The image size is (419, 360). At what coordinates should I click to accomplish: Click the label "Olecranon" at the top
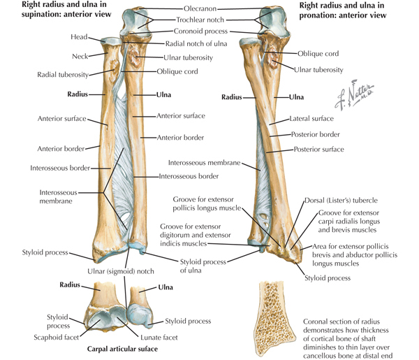coord(200,8)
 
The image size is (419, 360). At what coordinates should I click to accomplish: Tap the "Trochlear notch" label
coord(200,20)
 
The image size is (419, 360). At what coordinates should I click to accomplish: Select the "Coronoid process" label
coord(200,31)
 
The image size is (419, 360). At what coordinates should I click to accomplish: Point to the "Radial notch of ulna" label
coord(196,43)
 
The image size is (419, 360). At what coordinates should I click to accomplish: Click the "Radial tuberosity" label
coord(63,75)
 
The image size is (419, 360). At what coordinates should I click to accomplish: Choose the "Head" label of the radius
coord(79,37)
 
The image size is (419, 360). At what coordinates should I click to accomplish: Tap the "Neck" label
coord(80,57)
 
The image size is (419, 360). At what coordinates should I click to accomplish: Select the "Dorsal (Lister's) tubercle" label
coord(341,201)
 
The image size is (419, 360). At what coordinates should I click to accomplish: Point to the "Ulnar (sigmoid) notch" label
coord(121,271)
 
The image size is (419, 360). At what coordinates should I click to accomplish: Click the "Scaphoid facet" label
coord(57,338)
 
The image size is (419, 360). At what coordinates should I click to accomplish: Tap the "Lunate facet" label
coord(159,338)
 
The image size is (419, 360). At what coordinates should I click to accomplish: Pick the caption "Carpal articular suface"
coord(122,349)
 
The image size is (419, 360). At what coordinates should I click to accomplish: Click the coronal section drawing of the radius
coord(274,318)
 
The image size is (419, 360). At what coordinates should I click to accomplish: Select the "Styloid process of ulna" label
coord(203,266)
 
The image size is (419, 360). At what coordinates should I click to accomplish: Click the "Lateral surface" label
coord(311,118)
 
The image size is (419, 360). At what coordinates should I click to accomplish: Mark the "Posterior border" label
coord(316,134)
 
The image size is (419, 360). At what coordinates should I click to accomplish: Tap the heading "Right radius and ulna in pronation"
coord(343,10)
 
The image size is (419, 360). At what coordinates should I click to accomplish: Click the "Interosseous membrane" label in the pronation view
coord(204,163)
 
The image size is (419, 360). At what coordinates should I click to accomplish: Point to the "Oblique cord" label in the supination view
coord(177,71)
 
